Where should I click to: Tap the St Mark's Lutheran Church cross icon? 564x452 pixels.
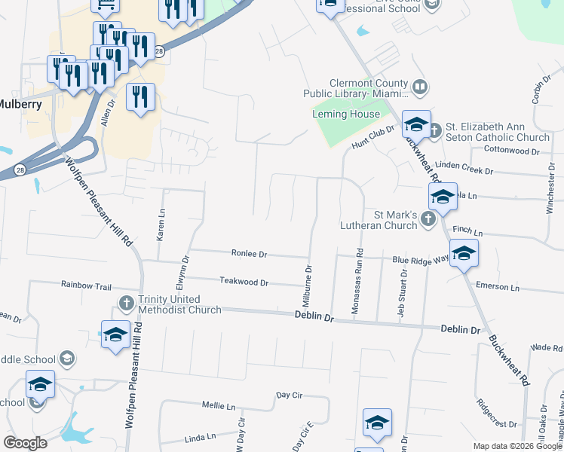[428, 219]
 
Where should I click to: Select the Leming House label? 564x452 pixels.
[346, 114]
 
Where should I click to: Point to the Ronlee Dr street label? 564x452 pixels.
[250, 255]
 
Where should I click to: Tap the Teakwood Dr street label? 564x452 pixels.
[244, 282]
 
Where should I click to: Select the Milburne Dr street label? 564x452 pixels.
[308, 286]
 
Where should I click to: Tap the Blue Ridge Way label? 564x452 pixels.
[420, 259]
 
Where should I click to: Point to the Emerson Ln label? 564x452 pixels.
[498, 287]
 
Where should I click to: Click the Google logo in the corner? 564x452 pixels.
[26, 443]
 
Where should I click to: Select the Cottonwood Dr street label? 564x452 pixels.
[512, 151]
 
